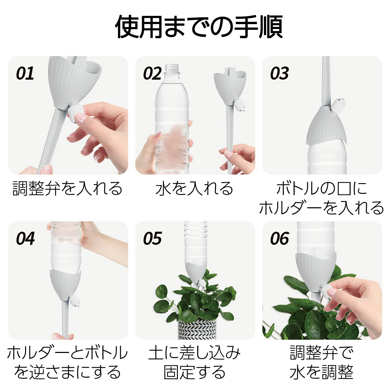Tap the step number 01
[25, 73]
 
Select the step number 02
[152, 73]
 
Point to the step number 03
[279, 73]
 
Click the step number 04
[25, 239]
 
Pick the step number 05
[152, 239]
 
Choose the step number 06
[279, 239]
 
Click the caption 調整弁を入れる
[67, 189]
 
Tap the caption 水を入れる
[195, 189]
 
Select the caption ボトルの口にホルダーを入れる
[322, 198]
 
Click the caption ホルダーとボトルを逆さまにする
[67, 362]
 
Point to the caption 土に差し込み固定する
[195, 362]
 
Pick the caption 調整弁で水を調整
[322, 362]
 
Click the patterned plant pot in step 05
[197, 329]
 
